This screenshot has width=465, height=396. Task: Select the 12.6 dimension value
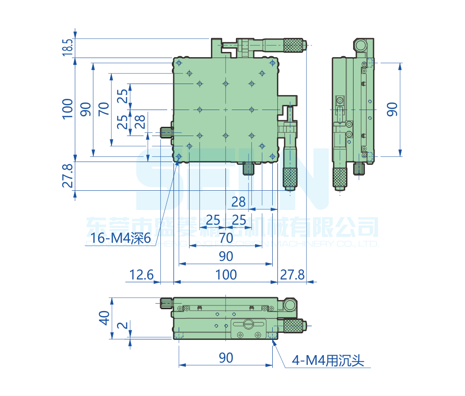point(141,275)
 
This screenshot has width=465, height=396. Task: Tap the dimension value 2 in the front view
point(121,325)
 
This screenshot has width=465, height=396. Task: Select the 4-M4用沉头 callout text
point(328,360)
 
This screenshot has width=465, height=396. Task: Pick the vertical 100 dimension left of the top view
point(68,109)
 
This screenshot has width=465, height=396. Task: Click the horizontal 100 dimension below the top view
point(226,275)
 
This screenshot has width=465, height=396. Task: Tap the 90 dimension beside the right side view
point(393,109)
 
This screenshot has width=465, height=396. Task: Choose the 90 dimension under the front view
point(226,358)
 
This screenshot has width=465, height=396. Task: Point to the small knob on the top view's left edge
point(166,132)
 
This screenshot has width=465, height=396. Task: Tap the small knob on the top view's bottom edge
point(249,168)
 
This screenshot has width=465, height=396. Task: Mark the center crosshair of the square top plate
point(226,110)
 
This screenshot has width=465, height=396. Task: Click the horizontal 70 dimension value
point(226,238)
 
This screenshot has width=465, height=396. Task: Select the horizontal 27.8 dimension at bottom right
point(292,275)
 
